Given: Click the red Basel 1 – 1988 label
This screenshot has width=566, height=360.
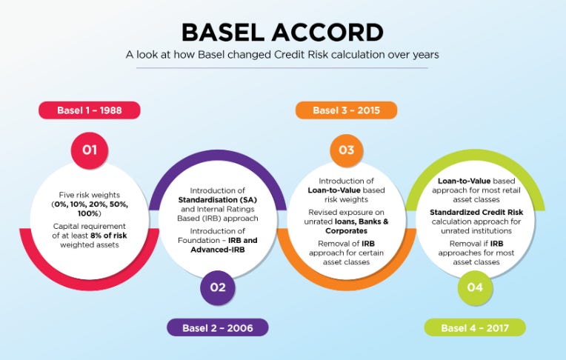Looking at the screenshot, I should [89, 111].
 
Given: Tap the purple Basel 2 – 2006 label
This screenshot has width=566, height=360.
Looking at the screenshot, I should [217, 327].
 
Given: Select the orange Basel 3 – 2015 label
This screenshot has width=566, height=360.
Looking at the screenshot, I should [346, 111].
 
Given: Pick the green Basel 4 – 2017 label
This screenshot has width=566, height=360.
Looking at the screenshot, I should [474, 327].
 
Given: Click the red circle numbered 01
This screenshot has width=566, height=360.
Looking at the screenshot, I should [90, 150].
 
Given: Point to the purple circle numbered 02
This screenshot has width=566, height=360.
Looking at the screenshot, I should [218, 287].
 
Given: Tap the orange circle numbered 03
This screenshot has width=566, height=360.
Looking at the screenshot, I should [346, 150].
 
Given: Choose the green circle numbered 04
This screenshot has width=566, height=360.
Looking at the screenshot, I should [475, 287].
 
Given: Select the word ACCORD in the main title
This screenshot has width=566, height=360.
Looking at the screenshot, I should [331, 32].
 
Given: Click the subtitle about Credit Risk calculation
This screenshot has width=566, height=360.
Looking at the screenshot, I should [282, 54].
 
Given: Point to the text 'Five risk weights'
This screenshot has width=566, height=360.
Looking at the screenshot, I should [90, 194].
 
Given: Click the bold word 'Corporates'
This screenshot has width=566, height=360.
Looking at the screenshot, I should [346, 230].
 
